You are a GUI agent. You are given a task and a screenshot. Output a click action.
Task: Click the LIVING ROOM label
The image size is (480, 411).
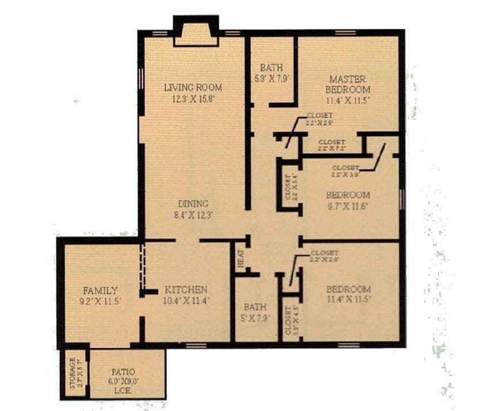click(x=193, y=87)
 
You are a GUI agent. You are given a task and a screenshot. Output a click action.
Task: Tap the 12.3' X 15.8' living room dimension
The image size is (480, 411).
click(x=193, y=98)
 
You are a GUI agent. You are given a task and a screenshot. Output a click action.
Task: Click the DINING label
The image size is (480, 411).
click(x=193, y=204)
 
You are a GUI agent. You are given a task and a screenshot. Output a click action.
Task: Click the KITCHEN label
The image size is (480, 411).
click(x=186, y=289)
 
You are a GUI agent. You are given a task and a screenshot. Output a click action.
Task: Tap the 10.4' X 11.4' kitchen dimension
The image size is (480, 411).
click(x=186, y=300)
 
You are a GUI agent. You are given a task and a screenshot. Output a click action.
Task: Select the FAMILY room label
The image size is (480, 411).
click(x=100, y=290)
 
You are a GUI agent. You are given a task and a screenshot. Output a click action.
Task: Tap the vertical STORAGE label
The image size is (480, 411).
click(x=73, y=372)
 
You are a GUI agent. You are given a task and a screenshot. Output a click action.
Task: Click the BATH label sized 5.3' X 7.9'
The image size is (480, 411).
click(x=271, y=67)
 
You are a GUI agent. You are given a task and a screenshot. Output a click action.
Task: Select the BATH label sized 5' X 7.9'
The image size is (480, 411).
click(x=255, y=307)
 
